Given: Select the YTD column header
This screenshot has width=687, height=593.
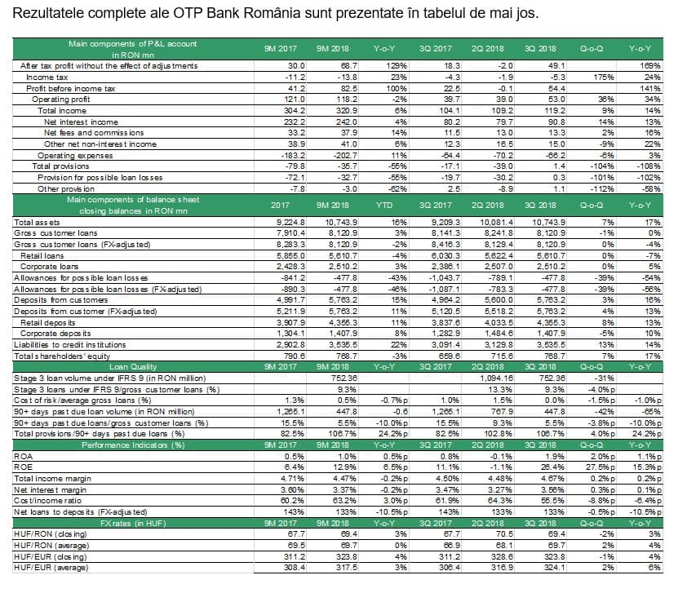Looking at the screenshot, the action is [384, 206].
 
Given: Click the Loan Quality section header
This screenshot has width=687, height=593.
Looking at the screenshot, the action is [133, 367].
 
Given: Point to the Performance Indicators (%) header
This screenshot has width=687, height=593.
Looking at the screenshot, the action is [133, 445].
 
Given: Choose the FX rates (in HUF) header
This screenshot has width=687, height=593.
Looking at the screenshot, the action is [133, 524].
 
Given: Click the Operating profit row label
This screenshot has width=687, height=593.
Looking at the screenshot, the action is [61, 100].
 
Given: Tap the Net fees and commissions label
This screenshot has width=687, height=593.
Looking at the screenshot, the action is [94, 133].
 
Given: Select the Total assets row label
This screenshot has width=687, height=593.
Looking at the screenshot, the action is [37, 223].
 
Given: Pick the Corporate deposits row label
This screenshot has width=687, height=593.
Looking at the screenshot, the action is [55, 334].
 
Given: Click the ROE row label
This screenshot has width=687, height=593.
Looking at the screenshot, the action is [23, 467].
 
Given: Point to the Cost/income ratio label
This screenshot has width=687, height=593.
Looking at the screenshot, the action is [48, 501].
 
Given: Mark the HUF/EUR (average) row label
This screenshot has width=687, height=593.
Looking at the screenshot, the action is [51, 568].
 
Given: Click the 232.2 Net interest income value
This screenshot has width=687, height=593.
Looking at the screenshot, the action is [295, 122].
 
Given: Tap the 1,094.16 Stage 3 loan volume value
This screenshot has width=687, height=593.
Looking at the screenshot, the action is [497, 378].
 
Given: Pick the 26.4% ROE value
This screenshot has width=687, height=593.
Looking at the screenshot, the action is [553, 467].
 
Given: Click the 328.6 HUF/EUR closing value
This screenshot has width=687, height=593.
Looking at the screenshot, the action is [503, 557].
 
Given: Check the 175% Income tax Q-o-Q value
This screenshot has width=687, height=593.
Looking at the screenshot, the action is [604, 77].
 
